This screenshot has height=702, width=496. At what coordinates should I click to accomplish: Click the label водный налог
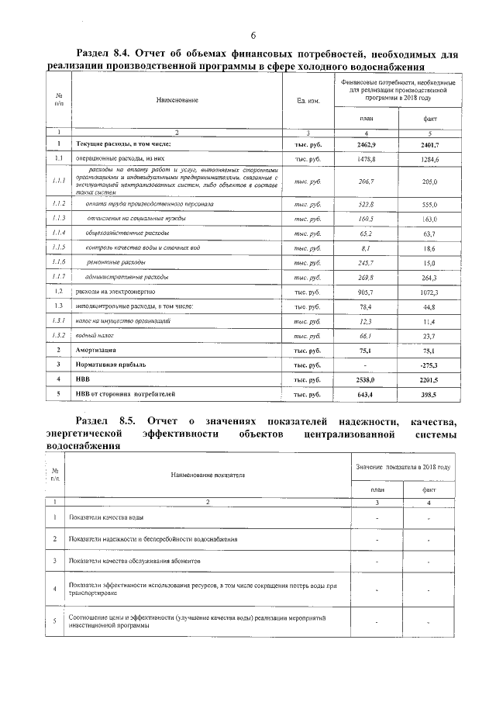tap(104, 335)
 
